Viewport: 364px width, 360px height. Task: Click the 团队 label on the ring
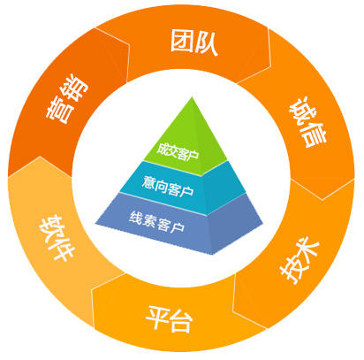(194, 42)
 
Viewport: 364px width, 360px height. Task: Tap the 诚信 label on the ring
(307, 122)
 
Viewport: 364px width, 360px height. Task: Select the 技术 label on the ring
(300, 261)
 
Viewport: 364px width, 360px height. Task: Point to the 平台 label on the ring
(170, 318)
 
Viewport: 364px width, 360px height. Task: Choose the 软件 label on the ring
(57, 238)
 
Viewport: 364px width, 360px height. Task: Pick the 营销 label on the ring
(67, 100)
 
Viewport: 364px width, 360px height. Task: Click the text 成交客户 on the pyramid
(178, 151)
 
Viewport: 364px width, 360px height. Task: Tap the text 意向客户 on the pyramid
(168, 187)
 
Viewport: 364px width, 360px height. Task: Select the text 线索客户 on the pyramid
(156, 222)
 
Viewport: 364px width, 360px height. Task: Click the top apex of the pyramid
(192, 96)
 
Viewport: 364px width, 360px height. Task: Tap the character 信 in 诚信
(315, 134)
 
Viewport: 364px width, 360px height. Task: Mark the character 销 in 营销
(76, 88)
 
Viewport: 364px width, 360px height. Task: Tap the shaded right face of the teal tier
(224, 188)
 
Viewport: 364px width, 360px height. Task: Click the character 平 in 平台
(157, 317)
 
